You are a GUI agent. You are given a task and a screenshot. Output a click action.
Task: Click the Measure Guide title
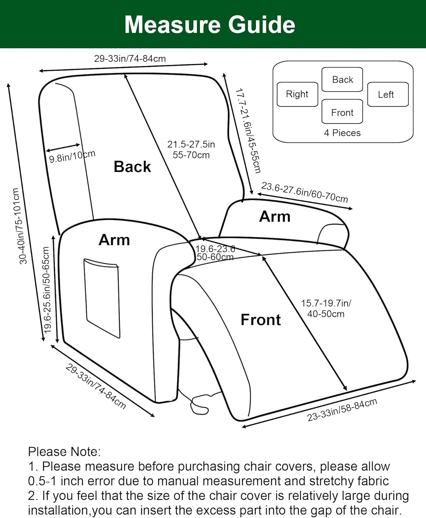pyautogui.click(x=210, y=25)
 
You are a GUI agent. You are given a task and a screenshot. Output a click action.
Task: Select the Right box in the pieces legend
pyautogui.click(x=297, y=94)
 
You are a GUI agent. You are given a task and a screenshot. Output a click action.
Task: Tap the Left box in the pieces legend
pyautogui.click(x=387, y=94)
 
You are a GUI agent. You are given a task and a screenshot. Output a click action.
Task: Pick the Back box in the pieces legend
pyautogui.click(x=342, y=79)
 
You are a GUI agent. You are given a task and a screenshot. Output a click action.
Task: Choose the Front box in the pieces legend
pyautogui.click(x=342, y=112)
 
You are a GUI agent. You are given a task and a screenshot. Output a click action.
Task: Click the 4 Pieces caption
pyautogui.click(x=342, y=133)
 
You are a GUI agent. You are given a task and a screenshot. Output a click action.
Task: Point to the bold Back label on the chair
pyautogui.click(x=132, y=166)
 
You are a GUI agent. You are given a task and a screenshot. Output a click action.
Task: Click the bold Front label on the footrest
pyautogui.click(x=261, y=320)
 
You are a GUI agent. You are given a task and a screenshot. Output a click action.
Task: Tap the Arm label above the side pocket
pyautogui.click(x=114, y=240)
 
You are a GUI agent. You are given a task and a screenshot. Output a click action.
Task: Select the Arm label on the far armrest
pyautogui.click(x=275, y=217)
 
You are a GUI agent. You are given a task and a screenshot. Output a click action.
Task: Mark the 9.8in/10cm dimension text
pyautogui.click(x=72, y=156)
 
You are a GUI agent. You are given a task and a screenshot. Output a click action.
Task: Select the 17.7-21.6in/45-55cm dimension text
pyautogui.click(x=248, y=131)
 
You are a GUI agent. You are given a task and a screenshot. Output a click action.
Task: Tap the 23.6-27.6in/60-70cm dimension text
pyautogui.click(x=304, y=192)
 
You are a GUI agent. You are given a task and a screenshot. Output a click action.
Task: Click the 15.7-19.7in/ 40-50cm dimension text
pyautogui.click(x=326, y=308)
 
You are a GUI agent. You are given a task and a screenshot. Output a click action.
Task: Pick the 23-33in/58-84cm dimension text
pyautogui.click(x=342, y=410)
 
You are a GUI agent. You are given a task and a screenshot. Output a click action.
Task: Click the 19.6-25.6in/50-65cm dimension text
pyautogui.click(x=47, y=289)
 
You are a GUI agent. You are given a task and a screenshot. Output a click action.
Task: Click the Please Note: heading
pyautogui.click(x=64, y=452)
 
